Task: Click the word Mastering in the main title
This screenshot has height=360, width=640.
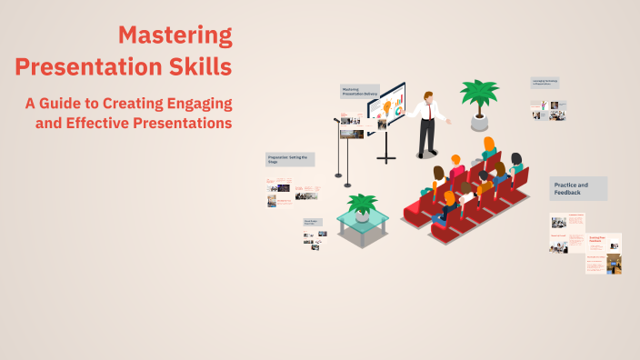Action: coord(175,35)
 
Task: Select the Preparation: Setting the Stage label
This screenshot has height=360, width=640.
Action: coord(290,159)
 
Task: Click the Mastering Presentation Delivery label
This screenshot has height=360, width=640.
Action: coord(358,92)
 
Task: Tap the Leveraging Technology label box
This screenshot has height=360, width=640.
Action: coord(545,83)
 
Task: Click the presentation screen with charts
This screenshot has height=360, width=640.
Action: coord(386,107)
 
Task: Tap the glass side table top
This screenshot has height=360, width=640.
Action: coord(363,219)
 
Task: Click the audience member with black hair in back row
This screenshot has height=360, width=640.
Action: coord(516,160)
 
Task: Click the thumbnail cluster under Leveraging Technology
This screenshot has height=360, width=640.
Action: coord(549,110)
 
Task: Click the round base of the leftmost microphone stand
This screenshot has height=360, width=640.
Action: coord(338,175)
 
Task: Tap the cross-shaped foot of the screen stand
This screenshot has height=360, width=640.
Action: coord(386,158)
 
